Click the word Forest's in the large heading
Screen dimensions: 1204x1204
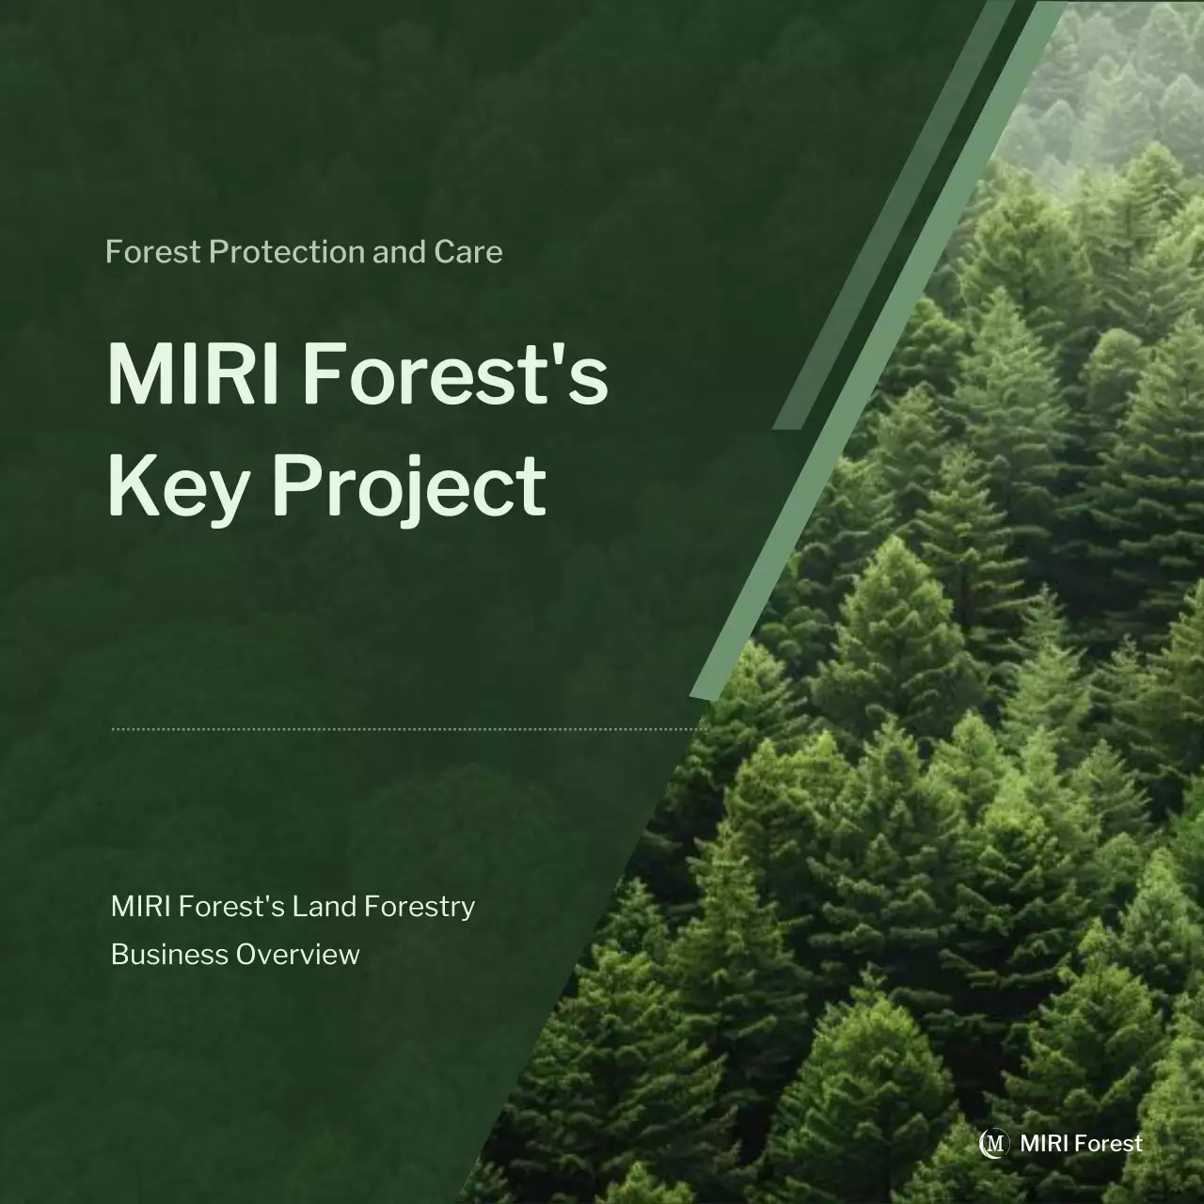tap(455, 373)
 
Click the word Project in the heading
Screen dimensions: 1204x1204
tap(409, 486)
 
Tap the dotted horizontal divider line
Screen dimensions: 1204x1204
tap(409, 728)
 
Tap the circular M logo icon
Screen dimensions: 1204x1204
tap(993, 1143)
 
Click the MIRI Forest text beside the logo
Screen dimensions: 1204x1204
tap(1081, 1144)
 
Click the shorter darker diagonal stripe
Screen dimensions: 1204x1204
tap(894, 216)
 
